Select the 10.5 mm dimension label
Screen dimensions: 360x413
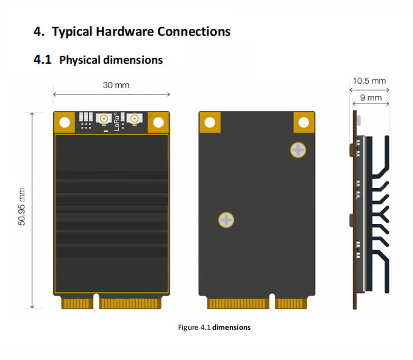tap(369, 80)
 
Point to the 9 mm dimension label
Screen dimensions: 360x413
tap(371, 97)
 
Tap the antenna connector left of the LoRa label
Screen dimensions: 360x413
tap(104, 119)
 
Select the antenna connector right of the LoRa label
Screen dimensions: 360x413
tap(135, 119)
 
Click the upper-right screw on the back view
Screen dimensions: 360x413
tap(298, 150)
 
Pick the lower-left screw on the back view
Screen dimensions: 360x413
tap(226, 220)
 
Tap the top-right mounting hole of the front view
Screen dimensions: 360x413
tap(159, 122)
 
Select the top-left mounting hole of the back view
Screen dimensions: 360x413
tap(210, 122)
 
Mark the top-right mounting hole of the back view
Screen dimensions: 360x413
tap(304, 122)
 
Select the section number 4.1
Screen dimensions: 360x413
tap(42, 60)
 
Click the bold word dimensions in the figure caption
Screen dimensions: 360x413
tap(232, 327)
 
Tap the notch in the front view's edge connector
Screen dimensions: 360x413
tap(97, 302)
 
